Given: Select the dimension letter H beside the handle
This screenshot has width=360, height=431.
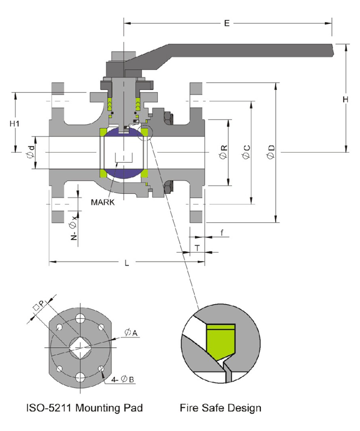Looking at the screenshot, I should coord(345,99).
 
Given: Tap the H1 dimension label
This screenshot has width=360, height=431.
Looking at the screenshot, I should coord(16,123).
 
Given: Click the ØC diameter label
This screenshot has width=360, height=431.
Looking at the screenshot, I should coord(247,152).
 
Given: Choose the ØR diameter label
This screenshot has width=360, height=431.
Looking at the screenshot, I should coord(224,152).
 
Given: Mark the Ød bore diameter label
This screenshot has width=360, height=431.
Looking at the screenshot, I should coord(30,152).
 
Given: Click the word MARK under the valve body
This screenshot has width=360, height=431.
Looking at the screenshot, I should coord(103,202).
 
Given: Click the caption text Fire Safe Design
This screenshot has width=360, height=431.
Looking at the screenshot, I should coord(220,409).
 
